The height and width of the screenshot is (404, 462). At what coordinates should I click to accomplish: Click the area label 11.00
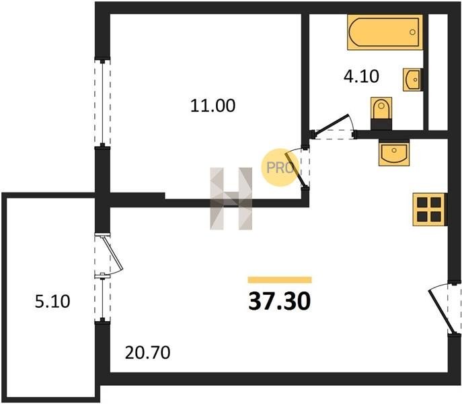[213, 106]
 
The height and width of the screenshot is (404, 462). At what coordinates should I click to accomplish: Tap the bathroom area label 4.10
[361, 77]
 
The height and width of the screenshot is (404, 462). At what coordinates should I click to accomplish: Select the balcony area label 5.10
[52, 302]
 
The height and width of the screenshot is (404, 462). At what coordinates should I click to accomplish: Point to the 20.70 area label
[148, 352]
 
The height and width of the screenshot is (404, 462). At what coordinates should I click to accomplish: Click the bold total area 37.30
[280, 301]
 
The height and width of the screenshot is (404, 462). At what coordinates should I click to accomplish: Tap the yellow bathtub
[385, 32]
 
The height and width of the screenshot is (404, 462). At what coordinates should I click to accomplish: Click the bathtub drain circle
[412, 32]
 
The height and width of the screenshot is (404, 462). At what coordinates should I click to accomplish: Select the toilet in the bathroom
[381, 113]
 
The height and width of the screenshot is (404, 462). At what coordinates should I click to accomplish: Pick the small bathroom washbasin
[412, 79]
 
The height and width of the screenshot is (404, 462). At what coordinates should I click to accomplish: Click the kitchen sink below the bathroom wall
[394, 154]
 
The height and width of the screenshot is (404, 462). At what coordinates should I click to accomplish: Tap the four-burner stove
[430, 209]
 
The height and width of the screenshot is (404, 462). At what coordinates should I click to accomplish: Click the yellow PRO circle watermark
[280, 168]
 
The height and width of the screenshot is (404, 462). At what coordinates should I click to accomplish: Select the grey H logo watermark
[231, 199]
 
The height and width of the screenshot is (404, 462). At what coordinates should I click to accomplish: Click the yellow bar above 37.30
[280, 279]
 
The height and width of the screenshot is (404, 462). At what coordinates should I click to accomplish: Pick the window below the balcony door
[102, 299]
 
